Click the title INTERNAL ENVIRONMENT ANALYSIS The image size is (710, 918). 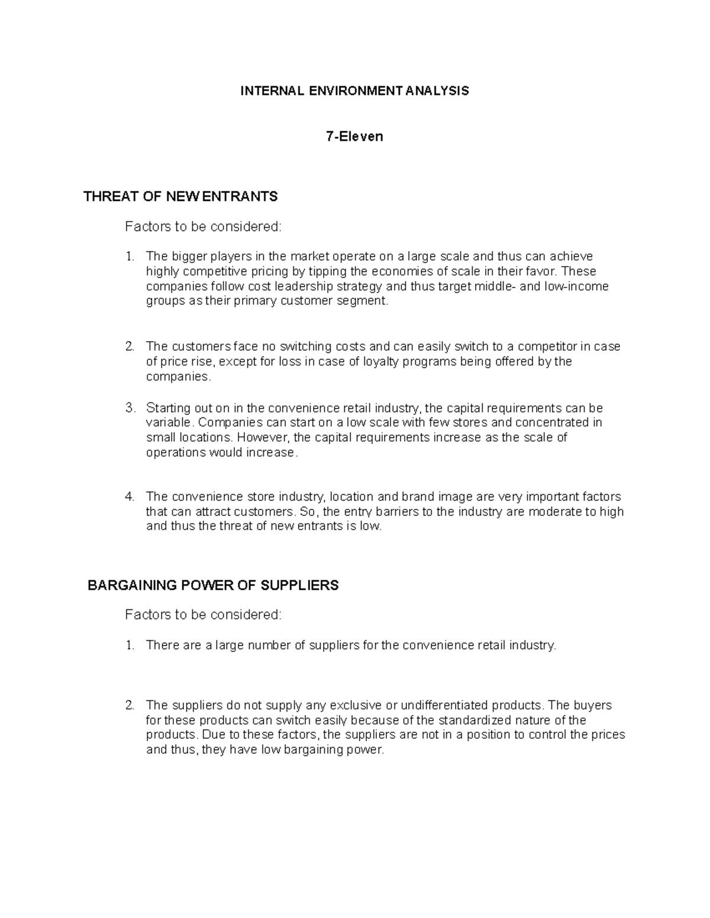[354, 91]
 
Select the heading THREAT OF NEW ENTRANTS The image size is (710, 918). [180, 197]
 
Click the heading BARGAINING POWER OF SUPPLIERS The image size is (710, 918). [213, 586]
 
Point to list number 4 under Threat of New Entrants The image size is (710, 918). [130, 497]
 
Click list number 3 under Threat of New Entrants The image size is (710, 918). [130, 408]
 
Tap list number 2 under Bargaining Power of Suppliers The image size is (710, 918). [130, 706]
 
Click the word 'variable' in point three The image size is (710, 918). [168, 423]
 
